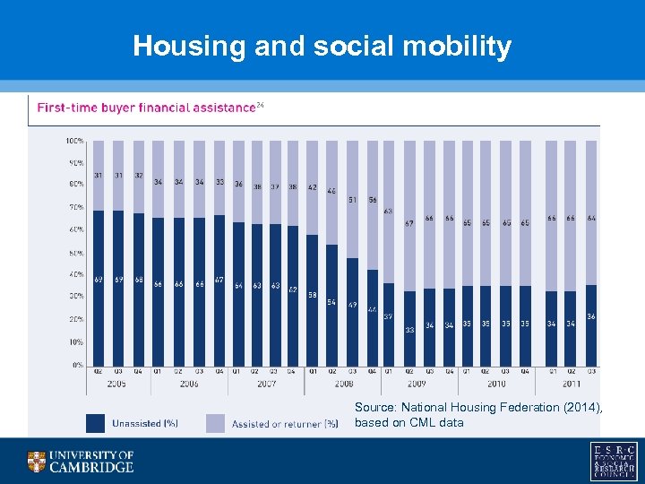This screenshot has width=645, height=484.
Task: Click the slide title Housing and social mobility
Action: tap(322, 46)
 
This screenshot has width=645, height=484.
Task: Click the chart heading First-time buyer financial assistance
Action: tap(146, 108)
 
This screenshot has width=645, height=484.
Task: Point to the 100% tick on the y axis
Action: tap(74, 141)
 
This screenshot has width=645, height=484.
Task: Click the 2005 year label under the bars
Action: tap(116, 384)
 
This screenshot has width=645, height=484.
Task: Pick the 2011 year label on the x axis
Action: tap(572, 384)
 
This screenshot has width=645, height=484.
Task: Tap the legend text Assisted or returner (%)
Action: tap(284, 423)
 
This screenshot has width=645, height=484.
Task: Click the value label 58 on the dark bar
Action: tap(313, 294)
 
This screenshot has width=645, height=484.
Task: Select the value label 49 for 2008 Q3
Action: tap(352, 306)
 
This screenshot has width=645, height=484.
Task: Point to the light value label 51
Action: tap(352, 199)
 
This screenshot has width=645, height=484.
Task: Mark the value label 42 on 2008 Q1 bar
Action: tap(313, 187)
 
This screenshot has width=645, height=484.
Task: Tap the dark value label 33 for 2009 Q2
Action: tap(409, 329)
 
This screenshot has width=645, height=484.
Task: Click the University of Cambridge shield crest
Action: tap(37, 461)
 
